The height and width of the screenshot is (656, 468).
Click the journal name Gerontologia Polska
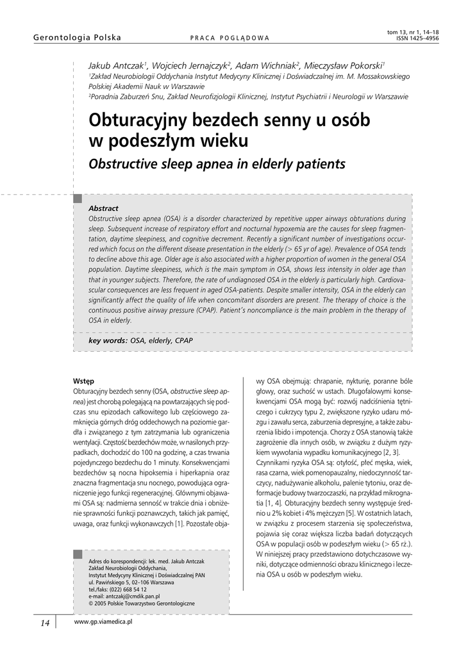tap(77, 38)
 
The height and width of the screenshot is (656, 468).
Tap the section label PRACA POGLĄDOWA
tap(230, 38)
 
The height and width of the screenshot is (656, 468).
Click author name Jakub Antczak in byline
tap(117, 65)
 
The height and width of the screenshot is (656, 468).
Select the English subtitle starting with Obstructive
tap(217, 164)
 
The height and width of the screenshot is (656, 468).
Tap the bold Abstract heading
tap(103, 208)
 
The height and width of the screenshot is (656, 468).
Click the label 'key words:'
tap(108, 341)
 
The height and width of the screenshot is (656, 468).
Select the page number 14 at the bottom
tap(45, 623)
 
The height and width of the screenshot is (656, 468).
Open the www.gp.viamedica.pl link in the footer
tap(103, 621)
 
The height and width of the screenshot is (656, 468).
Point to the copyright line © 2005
tap(142, 603)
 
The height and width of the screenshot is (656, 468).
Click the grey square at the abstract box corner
tap(78, 199)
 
